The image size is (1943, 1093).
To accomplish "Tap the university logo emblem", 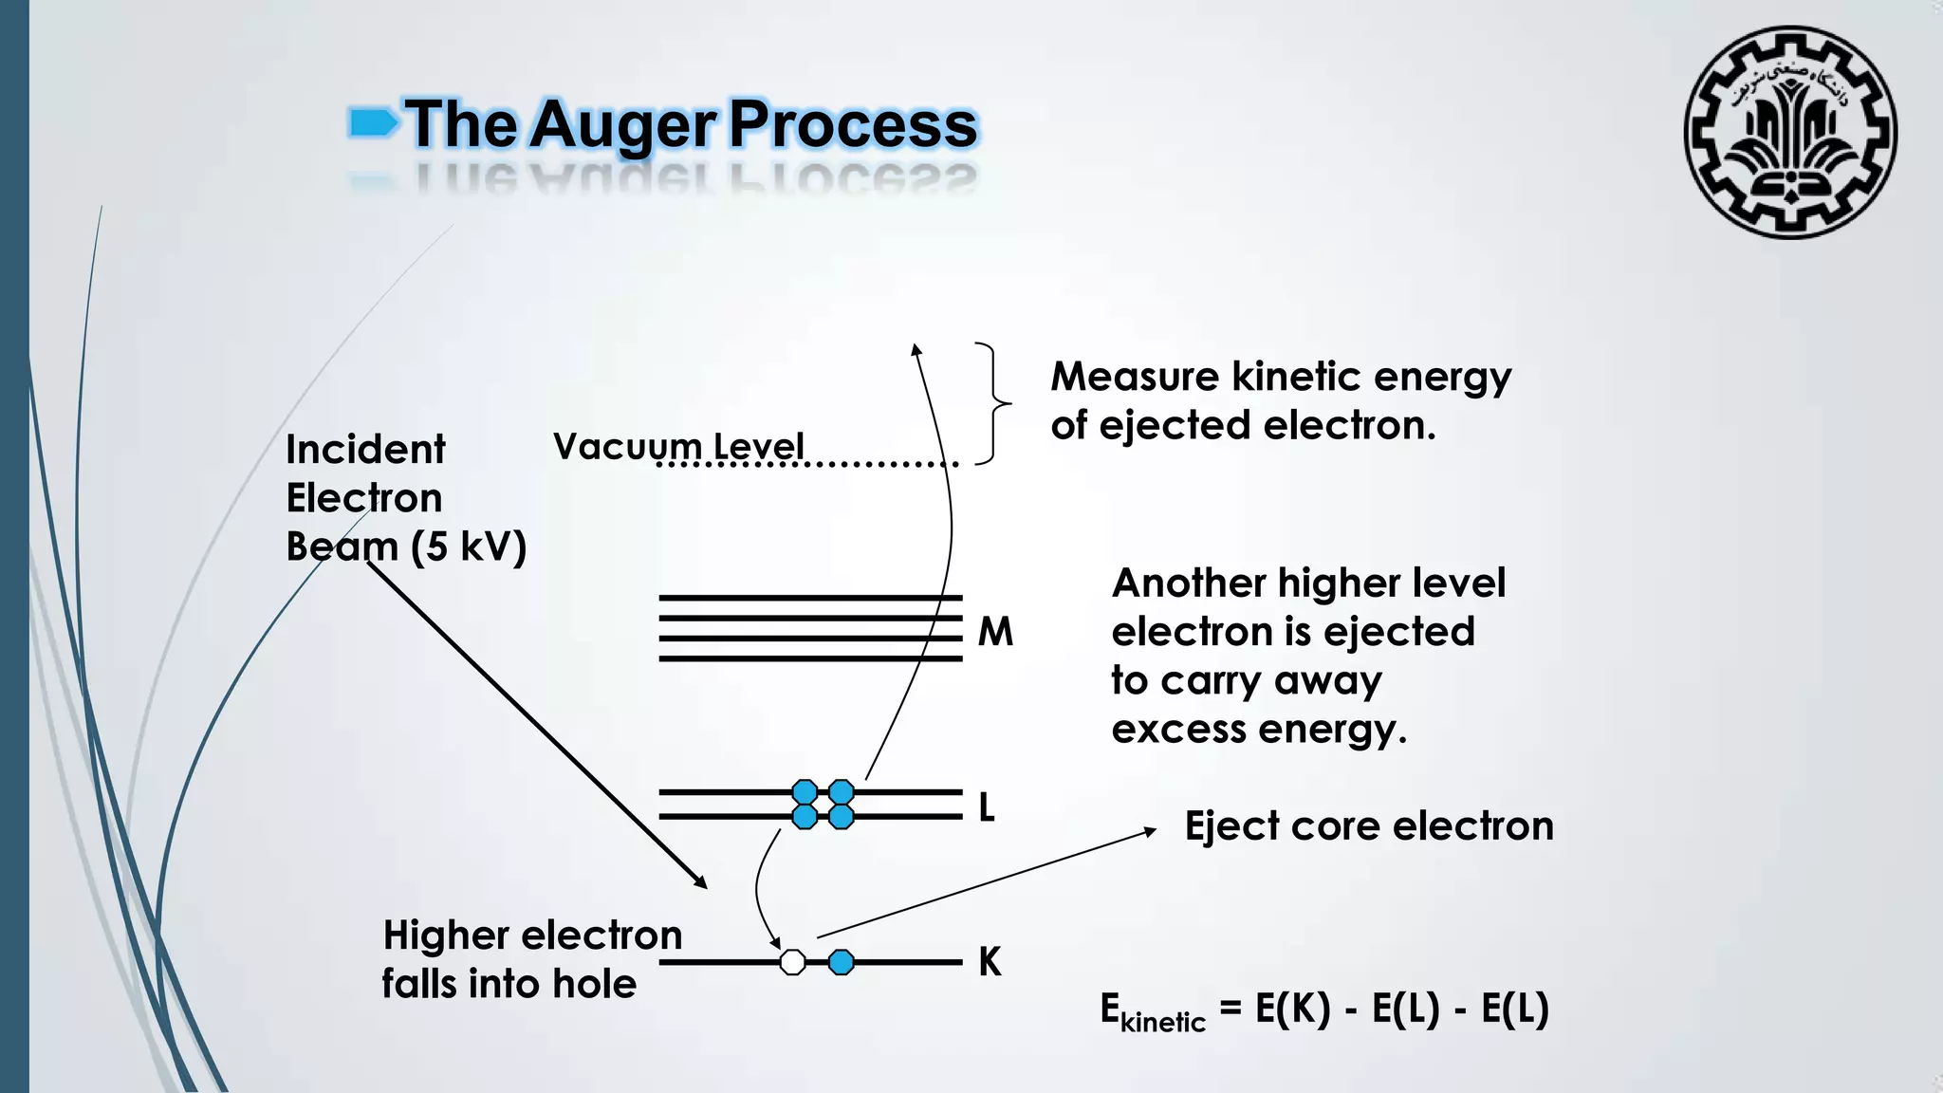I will pyautogui.click(x=1790, y=133).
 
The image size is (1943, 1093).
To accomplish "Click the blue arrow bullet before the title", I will pyautogui.click(x=373, y=122).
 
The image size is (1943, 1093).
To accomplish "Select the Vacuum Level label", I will pyautogui.click(x=678, y=446).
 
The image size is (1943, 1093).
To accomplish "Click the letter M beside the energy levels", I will pyautogui.click(x=995, y=632).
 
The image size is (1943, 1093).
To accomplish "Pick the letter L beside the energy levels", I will pyautogui.click(x=987, y=807).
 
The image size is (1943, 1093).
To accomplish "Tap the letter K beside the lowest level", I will pyautogui.click(x=990, y=962).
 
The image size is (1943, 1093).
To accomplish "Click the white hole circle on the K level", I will pyautogui.click(x=792, y=962).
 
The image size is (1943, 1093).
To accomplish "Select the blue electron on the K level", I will pyautogui.click(x=841, y=962).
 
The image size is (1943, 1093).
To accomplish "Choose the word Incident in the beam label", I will pyautogui.click(x=365, y=450).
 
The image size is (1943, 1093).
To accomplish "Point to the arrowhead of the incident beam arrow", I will pyautogui.click(x=702, y=883).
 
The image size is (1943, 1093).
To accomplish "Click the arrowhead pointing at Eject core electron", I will pyautogui.click(x=1150, y=831).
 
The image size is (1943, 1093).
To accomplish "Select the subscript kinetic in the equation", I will pyautogui.click(x=1162, y=1022).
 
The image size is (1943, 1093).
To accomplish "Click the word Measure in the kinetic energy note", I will pyautogui.click(x=1134, y=377).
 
